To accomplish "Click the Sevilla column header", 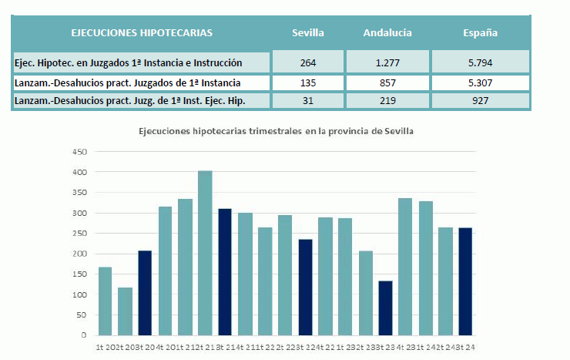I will click(x=307, y=33).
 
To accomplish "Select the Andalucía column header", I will click(x=387, y=33).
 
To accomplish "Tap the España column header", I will click(x=480, y=33).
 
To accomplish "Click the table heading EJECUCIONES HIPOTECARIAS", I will click(x=142, y=33).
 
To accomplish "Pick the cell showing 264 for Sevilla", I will click(x=307, y=62).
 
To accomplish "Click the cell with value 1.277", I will click(x=387, y=62).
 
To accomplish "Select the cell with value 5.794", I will click(x=480, y=62).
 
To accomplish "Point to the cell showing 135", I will click(x=307, y=82).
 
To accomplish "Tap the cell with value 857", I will click(x=387, y=82).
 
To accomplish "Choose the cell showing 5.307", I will click(x=480, y=82).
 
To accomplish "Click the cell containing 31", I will click(x=307, y=100).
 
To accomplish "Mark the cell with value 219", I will click(x=387, y=100).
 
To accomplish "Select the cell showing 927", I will click(x=480, y=100).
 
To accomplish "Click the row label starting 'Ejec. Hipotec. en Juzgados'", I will click(x=129, y=62).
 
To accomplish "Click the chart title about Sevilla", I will click(x=276, y=131).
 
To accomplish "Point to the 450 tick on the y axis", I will click(x=80, y=152).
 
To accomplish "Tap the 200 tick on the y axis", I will click(x=80, y=254).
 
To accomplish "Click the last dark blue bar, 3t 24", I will click(x=465, y=281).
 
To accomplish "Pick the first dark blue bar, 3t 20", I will click(x=145, y=293).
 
